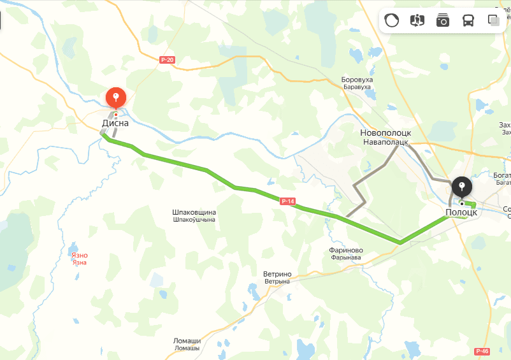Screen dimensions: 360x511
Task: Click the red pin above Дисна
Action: [115, 97]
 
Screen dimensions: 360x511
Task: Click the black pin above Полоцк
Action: [461, 187]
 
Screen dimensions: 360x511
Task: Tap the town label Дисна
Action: [115, 123]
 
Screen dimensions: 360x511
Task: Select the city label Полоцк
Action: [461, 212]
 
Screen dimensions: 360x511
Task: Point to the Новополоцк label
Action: [385, 133]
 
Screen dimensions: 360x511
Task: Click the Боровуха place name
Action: [357, 80]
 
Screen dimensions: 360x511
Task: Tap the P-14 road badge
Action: [288, 201]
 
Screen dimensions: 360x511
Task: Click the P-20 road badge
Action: [168, 60]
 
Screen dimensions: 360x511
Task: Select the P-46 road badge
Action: [482, 351]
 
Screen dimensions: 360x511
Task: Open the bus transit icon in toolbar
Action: [468, 21]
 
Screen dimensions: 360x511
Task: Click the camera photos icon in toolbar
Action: [442, 21]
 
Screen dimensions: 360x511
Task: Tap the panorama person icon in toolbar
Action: [417, 21]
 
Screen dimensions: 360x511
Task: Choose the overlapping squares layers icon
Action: [493, 21]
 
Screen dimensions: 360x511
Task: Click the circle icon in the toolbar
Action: [391, 21]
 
